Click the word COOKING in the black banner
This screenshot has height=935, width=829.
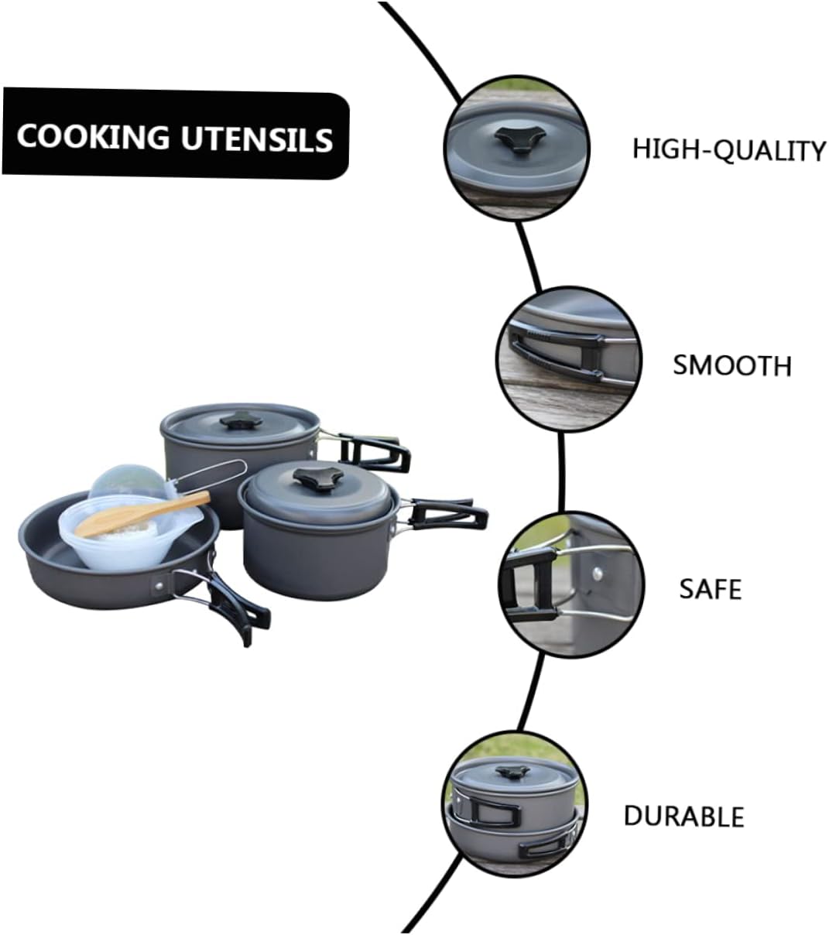pyautogui.click(x=93, y=137)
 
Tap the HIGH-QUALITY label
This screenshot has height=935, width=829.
pyautogui.click(x=729, y=149)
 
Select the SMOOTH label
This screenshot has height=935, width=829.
pyautogui.click(x=731, y=365)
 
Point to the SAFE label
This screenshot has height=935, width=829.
pyautogui.click(x=710, y=589)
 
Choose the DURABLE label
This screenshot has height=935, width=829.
pyautogui.click(x=683, y=816)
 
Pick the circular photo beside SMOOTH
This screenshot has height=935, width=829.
pyautogui.click(x=569, y=362)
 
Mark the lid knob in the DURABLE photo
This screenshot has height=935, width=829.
pyautogui.click(x=509, y=771)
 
